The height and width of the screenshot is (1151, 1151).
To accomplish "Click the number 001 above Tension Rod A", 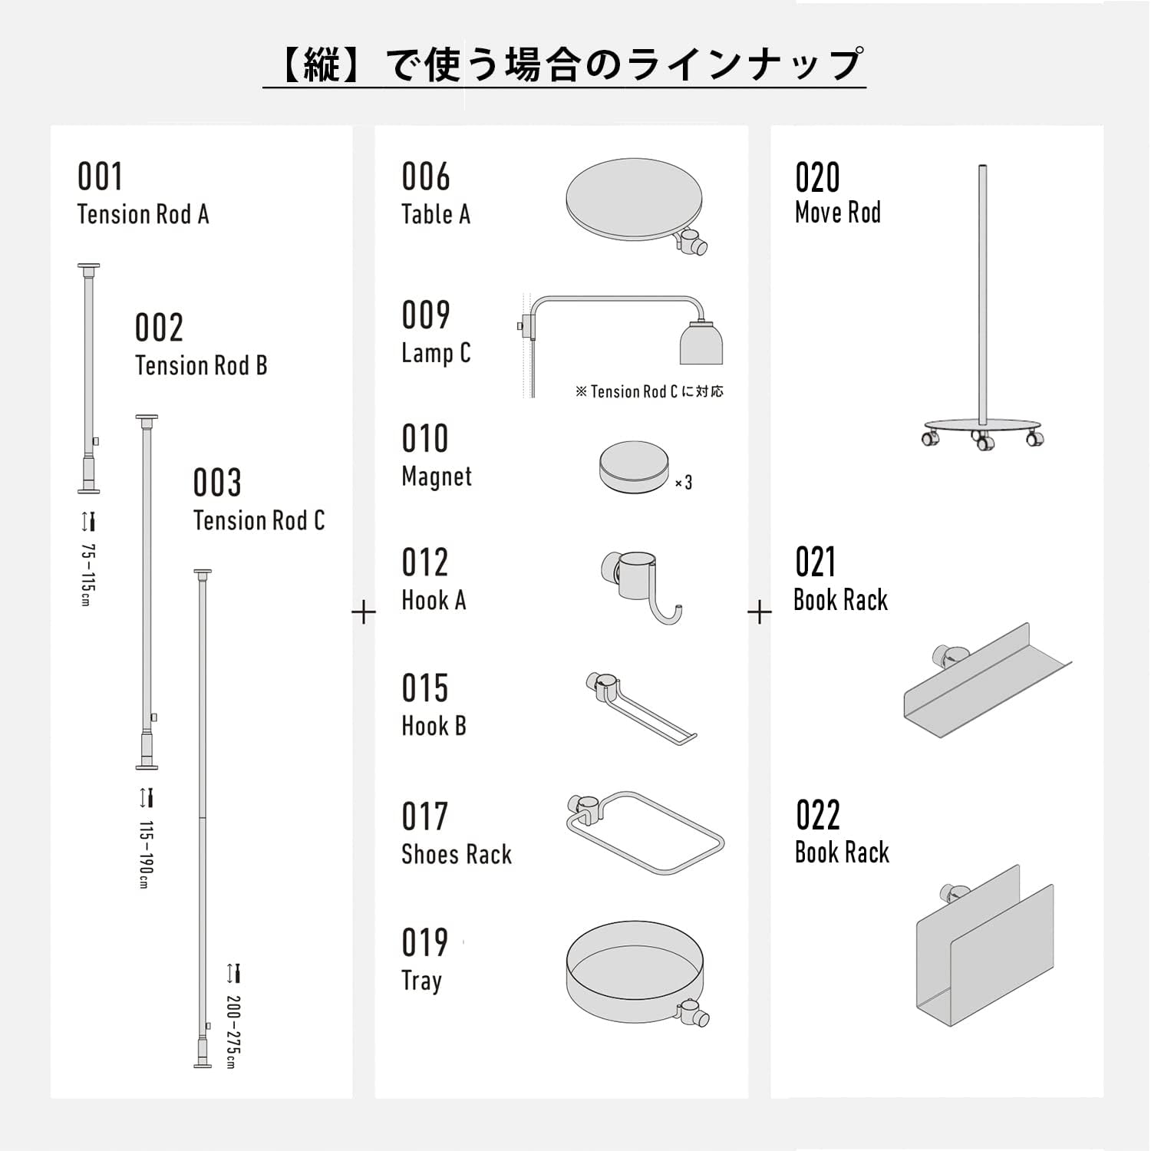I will click(100, 177).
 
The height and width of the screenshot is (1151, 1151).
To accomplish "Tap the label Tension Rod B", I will click(201, 366).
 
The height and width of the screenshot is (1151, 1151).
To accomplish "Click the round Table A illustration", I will click(635, 201).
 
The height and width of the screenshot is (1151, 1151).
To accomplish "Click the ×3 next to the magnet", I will click(684, 483).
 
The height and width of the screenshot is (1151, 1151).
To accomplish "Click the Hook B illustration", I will click(641, 706).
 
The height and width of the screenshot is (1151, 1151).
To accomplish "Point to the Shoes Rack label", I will click(457, 855).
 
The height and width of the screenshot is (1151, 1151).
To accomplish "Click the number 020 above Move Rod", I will click(817, 178).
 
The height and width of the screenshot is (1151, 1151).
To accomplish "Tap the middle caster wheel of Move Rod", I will click(982, 441).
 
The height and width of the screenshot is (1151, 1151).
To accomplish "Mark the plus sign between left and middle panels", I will click(364, 612).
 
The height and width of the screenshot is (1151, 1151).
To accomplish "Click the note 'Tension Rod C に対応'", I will click(649, 392).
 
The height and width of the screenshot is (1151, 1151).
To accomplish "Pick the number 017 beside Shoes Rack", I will click(424, 816).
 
